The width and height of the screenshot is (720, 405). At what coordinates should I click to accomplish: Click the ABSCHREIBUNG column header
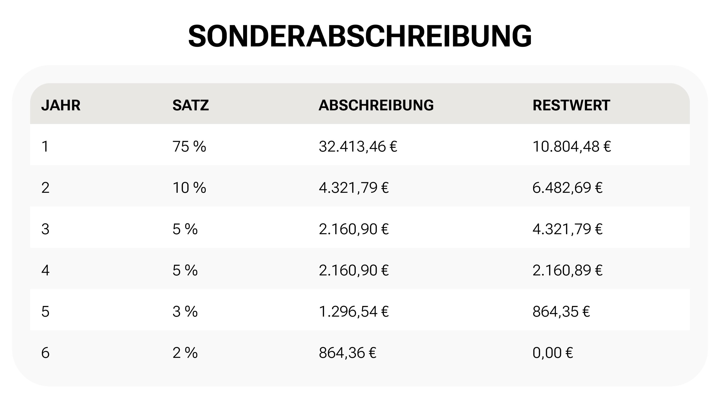pyautogui.click(x=376, y=105)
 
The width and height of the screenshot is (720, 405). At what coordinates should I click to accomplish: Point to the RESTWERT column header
pyautogui.click(x=571, y=105)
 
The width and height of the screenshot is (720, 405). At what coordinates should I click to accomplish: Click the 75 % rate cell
pyautogui.click(x=189, y=146)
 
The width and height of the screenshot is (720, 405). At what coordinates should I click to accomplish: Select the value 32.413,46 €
pyautogui.click(x=358, y=146)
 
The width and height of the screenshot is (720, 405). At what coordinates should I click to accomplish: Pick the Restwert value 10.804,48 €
pyautogui.click(x=571, y=146)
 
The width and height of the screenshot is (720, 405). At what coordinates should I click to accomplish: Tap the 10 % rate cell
pyautogui.click(x=189, y=187)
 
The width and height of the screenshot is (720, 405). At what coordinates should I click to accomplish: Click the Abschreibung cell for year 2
pyautogui.click(x=354, y=187)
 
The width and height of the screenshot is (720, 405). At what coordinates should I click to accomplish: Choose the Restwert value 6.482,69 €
pyautogui.click(x=567, y=187)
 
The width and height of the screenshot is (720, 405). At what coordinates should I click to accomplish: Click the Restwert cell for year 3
pyautogui.click(x=567, y=229)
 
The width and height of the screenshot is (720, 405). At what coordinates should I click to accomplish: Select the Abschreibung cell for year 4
pyautogui.click(x=354, y=270)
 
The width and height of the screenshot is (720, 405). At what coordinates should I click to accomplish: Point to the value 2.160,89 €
pyautogui.click(x=567, y=270)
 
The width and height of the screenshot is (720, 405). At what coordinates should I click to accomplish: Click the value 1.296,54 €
pyautogui.click(x=354, y=311)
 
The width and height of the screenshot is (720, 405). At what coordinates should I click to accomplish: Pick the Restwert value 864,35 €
pyautogui.click(x=561, y=311)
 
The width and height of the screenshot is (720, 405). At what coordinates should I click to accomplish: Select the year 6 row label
pyautogui.click(x=45, y=353)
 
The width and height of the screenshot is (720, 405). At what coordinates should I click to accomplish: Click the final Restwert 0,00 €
pyautogui.click(x=553, y=353)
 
